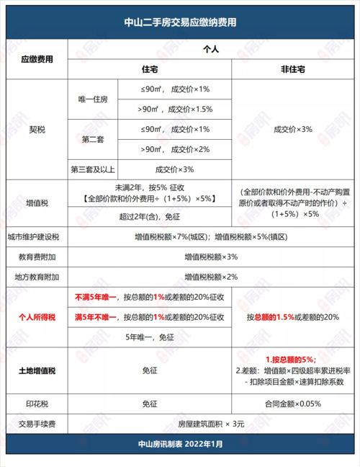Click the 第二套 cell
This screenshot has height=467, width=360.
92,139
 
